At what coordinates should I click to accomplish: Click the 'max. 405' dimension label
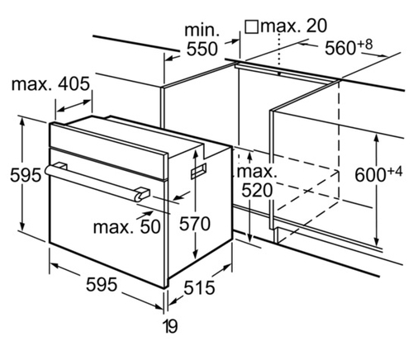click(50, 83)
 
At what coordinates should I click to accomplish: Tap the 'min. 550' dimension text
click(202, 40)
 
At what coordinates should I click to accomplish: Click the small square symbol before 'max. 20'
click(251, 27)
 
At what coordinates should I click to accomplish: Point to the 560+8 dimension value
click(349, 47)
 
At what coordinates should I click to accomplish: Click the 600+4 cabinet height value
click(378, 174)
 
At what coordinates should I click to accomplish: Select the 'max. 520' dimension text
click(257, 181)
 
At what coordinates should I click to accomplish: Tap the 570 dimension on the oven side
click(195, 223)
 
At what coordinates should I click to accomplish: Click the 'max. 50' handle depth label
click(127, 227)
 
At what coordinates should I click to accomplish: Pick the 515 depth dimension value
click(199, 287)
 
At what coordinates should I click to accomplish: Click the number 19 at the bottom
click(171, 327)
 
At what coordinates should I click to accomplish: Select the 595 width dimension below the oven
click(102, 284)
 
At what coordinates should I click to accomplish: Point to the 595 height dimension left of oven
click(26, 174)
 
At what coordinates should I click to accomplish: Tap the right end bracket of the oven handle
click(143, 193)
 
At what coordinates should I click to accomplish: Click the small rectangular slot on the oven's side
click(198, 171)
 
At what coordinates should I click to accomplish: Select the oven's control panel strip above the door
click(109, 151)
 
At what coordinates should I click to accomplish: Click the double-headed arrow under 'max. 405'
click(74, 106)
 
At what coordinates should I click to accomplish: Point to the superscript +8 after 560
click(365, 44)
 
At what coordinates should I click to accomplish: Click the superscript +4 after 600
click(395, 171)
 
